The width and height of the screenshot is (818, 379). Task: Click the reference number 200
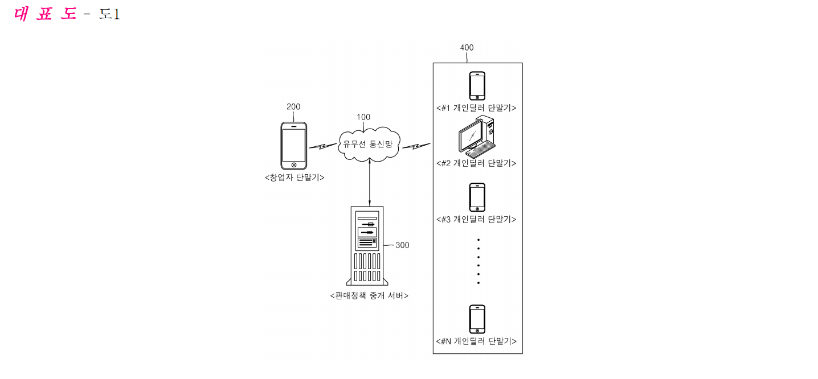[293, 106]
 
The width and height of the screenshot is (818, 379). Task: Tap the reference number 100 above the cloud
[363, 117]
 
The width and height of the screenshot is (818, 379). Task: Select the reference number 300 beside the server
[402, 245]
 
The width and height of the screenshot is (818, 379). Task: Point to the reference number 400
[467, 47]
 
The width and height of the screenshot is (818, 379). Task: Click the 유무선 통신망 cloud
[369, 144]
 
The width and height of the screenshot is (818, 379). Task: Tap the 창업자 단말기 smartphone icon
[293, 146]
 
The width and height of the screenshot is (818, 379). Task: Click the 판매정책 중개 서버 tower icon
[367, 245]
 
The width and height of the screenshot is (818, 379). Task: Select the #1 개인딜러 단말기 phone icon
[477, 86]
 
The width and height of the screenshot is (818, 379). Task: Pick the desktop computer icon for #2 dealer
[477, 137]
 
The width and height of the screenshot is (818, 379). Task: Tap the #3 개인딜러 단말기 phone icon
[477, 197]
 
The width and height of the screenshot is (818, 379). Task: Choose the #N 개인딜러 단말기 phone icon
[477, 319]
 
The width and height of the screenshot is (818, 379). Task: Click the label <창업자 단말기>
[295, 178]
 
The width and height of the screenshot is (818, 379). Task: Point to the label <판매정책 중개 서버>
[369, 295]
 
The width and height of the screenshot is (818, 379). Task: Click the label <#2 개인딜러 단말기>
[476, 163]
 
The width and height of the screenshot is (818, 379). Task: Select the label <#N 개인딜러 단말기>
[476, 341]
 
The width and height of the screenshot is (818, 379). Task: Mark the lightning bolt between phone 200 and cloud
[323, 146]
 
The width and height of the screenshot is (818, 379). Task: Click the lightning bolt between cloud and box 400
[416, 146]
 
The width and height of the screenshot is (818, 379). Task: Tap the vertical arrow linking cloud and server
[370, 183]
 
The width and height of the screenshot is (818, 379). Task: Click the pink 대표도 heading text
[45, 14]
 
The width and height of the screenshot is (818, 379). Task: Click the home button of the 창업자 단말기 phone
[294, 165]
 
